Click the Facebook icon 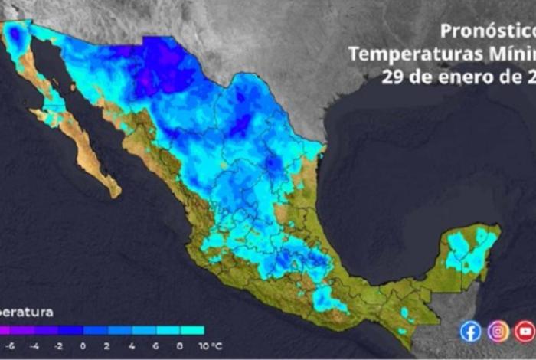pyautogui.click(x=471, y=330)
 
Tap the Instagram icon pyautogui.click(x=498, y=330)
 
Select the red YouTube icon pyautogui.click(x=525, y=330)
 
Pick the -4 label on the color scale pyautogui.click(x=34, y=345)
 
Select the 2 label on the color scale pyautogui.click(x=106, y=345)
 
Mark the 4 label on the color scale pyautogui.click(x=131, y=345)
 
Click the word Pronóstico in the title pyautogui.click(x=487, y=31)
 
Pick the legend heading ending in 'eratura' pyautogui.click(x=27, y=312)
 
